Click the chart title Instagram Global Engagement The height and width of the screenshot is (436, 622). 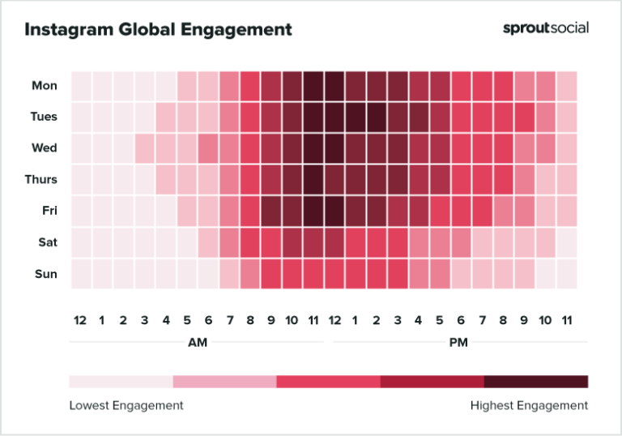(x=158, y=30)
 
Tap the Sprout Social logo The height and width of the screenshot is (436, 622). (x=546, y=28)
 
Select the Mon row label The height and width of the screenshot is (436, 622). (x=45, y=85)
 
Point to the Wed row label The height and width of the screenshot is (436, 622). (x=45, y=148)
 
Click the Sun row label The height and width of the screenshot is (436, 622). (x=45, y=274)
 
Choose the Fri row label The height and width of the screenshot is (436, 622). (x=49, y=211)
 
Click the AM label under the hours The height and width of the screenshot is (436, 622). (x=198, y=343)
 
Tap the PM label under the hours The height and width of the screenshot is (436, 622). (x=458, y=343)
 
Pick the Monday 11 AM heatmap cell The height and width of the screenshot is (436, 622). (x=313, y=85)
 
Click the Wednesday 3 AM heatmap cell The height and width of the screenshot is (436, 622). (x=144, y=148)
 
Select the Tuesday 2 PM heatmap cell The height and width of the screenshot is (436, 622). (x=376, y=117)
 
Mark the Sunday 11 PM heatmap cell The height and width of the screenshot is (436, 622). (x=566, y=274)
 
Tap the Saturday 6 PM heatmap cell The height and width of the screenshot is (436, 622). (x=461, y=242)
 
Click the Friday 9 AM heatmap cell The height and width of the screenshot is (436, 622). (x=271, y=211)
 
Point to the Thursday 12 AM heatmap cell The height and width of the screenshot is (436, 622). (x=81, y=180)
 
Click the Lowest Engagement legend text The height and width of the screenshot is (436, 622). (x=126, y=405)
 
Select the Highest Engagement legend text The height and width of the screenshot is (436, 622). (x=529, y=405)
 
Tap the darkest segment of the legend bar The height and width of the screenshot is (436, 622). (x=536, y=382)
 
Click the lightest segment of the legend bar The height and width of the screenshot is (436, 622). (x=121, y=382)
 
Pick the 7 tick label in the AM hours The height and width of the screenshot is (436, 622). (x=228, y=321)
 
